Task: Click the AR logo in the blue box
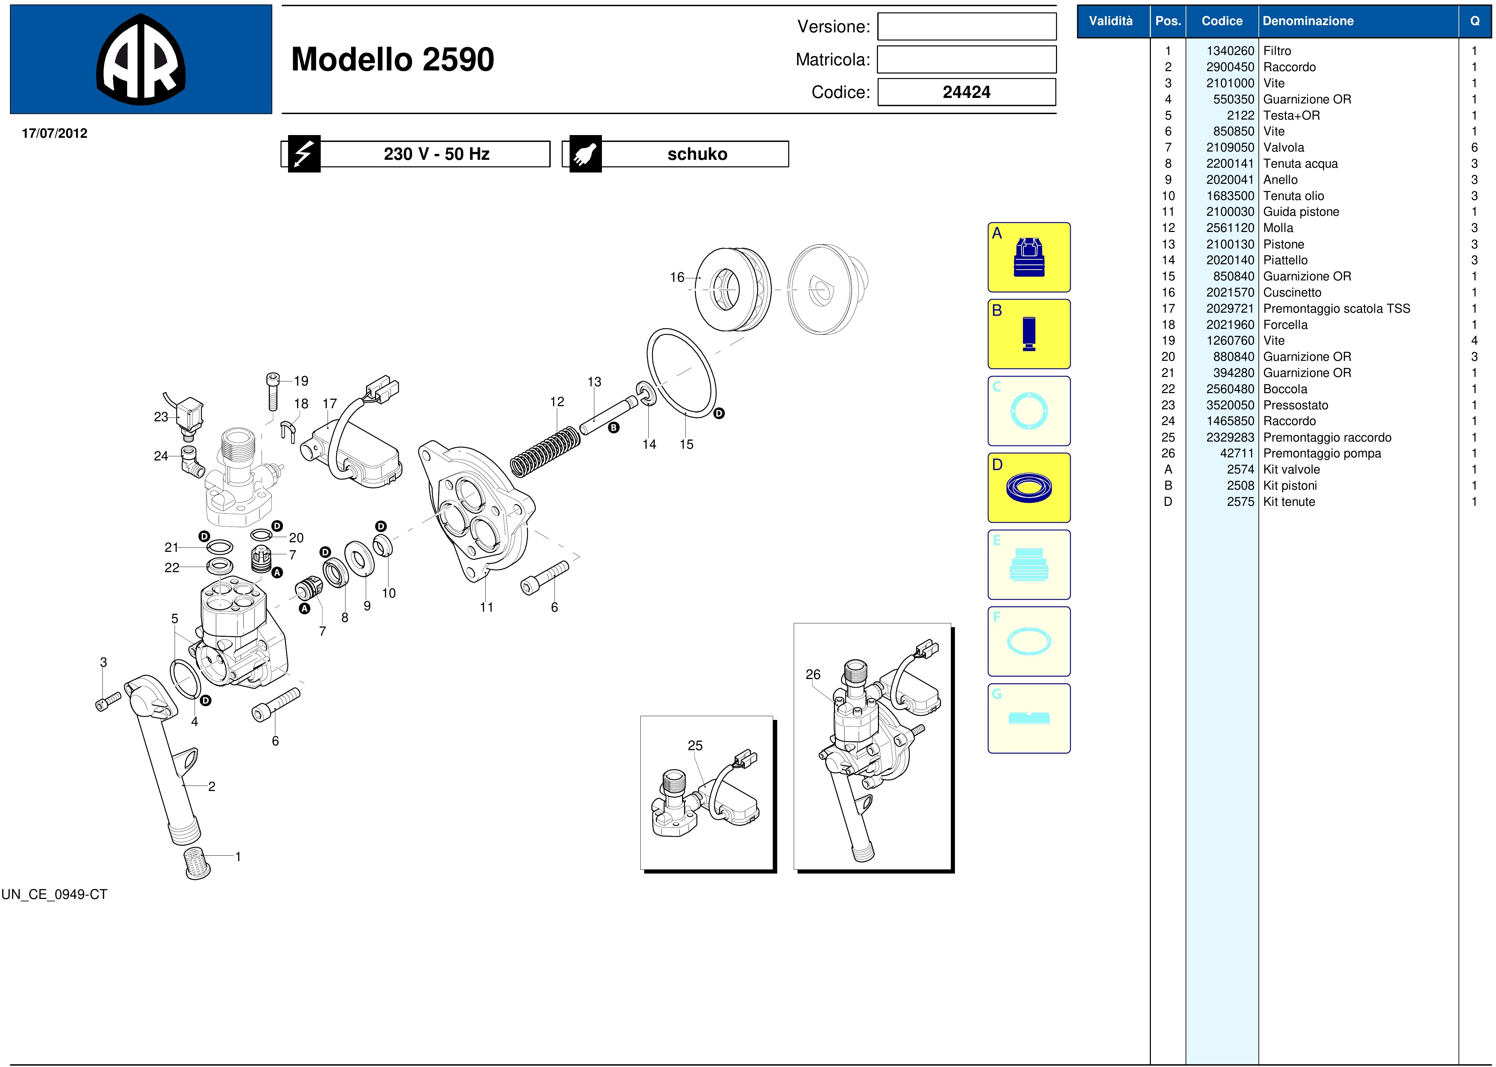(x=141, y=59)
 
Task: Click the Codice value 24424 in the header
(x=966, y=92)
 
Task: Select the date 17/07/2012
(x=55, y=133)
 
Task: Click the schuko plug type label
(x=697, y=154)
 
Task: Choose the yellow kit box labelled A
(x=1028, y=257)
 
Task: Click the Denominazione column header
(x=1308, y=21)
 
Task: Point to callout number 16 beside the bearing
(x=677, y=277)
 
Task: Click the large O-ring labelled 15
(x=682, y=373)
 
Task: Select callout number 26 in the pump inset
(x=813, y=675)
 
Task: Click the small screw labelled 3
(x=109, y=701)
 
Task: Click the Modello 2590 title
(x=393, y=59)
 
